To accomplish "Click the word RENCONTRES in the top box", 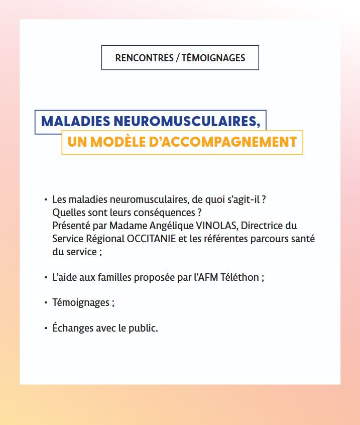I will point(144,58).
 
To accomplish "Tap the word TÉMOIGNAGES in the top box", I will point(213,58).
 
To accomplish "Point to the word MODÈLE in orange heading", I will point(114,142).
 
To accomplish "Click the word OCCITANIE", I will point(151,239).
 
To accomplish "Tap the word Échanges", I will point(73,329).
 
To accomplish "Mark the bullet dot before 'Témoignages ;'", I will point(46,303).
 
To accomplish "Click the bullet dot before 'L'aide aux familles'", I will point(46,277).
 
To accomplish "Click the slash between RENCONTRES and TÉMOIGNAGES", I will point(178,58).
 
